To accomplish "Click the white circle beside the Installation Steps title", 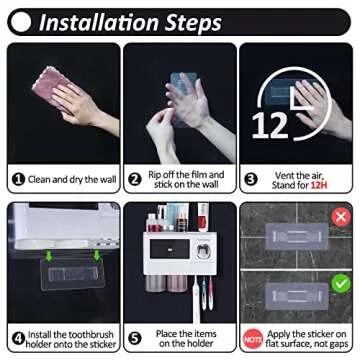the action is point(21,22).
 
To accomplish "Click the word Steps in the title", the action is point(193,22).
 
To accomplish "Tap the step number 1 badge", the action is point(18,180).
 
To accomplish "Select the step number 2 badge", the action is point(135,180).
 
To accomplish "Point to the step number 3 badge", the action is point(251,180).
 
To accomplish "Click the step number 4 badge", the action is point(18,339).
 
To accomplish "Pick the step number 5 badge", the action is point(135,339).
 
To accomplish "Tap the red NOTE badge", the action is point(253,339).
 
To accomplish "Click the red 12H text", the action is point(319,185).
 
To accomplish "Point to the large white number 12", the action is point(270,125).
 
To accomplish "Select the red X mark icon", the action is point(341,218).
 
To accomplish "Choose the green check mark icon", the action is point(341,283).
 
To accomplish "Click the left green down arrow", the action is point(49,256).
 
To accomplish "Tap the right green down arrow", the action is point(97,256).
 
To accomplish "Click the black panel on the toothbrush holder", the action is point(170,249).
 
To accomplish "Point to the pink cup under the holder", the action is point(177,283).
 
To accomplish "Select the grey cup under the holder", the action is point(155,283).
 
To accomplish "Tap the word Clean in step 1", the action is point(39,180).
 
